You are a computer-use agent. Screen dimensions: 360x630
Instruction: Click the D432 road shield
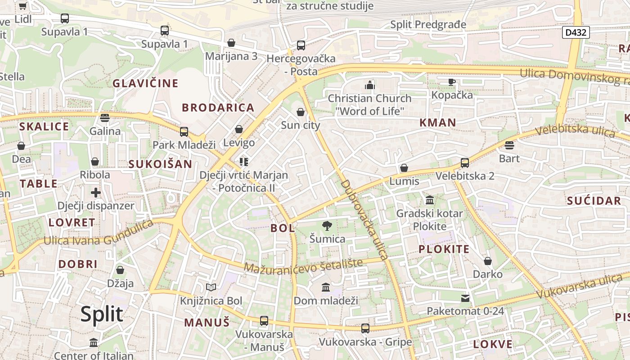click(x=576, y=32)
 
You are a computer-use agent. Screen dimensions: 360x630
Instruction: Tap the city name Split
click(x=102, y=314)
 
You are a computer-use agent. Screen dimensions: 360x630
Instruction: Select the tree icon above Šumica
click(x=327, y=226)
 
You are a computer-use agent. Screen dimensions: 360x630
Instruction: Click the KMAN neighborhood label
click(x=438, y=122)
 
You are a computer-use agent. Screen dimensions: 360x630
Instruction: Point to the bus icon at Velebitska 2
click(x=465, y=162)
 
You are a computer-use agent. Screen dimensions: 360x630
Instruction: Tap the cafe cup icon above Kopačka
click(x=452, y=82)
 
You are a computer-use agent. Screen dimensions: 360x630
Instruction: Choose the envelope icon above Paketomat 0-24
click(x=465, y=298)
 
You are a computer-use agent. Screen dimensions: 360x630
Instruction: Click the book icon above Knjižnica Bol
click(x=211, y=287)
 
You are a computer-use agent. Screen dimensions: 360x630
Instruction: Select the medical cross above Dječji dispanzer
click(x=96, y=193)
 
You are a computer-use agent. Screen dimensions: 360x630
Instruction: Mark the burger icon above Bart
click(x=509, y=145)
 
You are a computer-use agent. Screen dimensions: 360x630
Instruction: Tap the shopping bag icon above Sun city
click(x=301, y=112)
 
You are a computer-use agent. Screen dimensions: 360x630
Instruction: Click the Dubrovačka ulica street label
click(x=364, y=220)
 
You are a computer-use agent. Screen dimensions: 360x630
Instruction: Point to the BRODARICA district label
click(x=218, y=108)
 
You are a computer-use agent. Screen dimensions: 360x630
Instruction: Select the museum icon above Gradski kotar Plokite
click(x=430, y=200)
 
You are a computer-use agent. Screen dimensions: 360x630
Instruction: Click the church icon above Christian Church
click(x=370, y=85)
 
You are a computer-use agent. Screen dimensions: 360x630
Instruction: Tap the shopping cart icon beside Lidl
click(x=22, y=6)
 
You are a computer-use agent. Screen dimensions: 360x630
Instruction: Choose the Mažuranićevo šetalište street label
click(x=303, y=265)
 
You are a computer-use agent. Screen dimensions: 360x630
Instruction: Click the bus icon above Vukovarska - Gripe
click(x=365, y=328)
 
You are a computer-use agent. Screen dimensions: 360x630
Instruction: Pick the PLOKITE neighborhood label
click(x=444, y=249)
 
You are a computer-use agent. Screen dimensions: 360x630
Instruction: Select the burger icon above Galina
click(x=105, y=118)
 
